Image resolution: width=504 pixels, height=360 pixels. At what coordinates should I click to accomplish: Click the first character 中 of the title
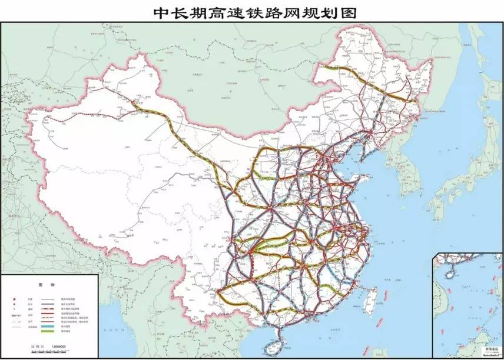coord(163,12)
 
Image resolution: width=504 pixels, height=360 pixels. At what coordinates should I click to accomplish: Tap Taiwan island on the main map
coord(370,303)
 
